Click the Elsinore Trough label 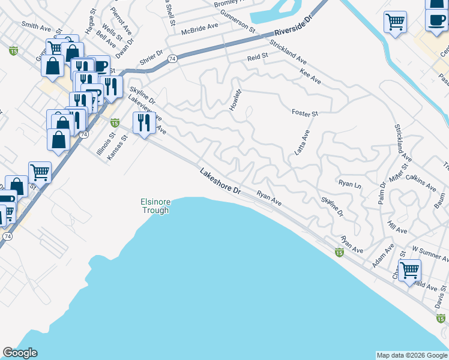pyautogui.click(x=155, y=206)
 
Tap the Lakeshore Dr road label pyautogui.click(x=220, y=182)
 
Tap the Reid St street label pyautogui.click(x=258, y=58)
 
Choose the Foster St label pyautogui.click(x=304, y=113)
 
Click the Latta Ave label pyautogui.click(x=301, y=143)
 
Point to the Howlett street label pyautogui.click(x=235, y=100)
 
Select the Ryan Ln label pyautogui.click(x=349, y=184)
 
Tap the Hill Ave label pyautogui.click(x=397, y=230)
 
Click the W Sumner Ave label pyautogui.click(x=430, y=253)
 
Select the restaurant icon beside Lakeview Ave pyautogui.click(x=143, y=123)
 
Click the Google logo pyautogui.click(x=20, y=353)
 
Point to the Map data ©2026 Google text pyautogui.click(x=411, y=355)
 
